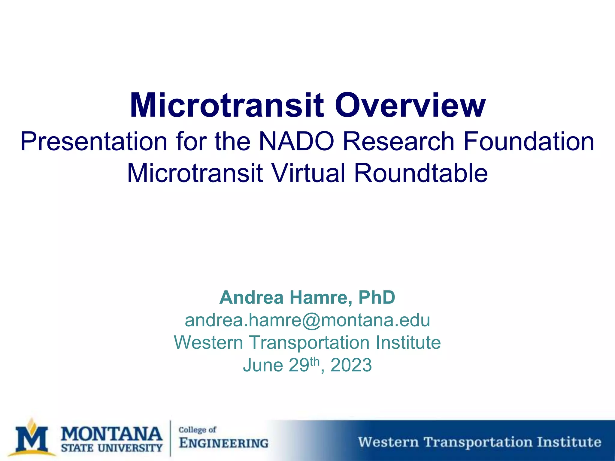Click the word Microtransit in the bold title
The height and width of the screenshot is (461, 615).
pyautogui.click(x=227, y=106)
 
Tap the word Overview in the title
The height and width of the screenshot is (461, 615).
pyautogui.click(x=410, y=106)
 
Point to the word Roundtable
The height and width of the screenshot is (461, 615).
pyautogui.click(x=421, y=173)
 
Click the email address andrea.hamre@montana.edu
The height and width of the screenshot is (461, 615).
pyautogui.click(x=307, y=320)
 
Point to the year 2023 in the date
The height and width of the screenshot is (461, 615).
pyautogui.click(x=351, y=365)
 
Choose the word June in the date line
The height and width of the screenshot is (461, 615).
pyautogui.click(x=263, y=365)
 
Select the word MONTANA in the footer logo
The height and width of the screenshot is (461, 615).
pyautogui.click(x=111, y=434)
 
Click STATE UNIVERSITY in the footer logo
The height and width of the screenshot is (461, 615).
pyautogui.click(x=111, y=448)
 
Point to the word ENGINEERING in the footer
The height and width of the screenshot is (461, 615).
pyautogui.click(x=224, y=443)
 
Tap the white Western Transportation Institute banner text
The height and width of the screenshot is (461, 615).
pyautogui.click(x=480, y=442)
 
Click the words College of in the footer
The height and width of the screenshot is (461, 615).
pyautogui.click(x=197, y=430)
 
